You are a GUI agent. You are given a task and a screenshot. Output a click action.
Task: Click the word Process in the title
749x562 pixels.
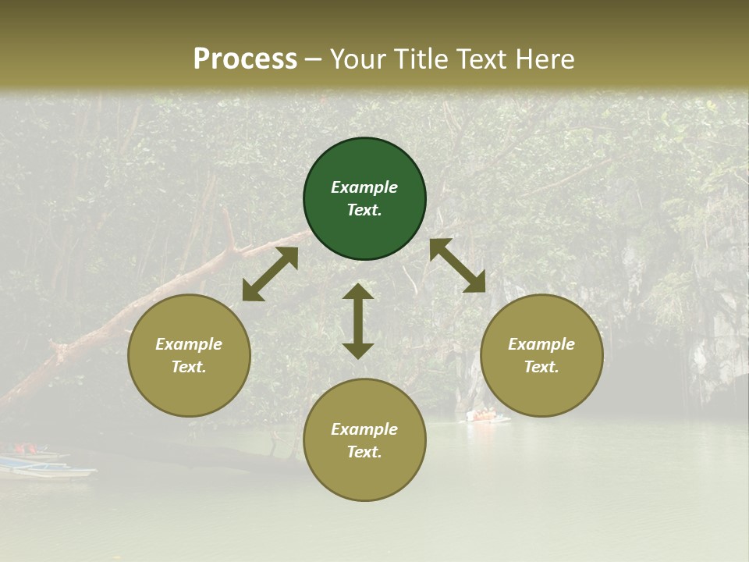(x=245, y=59)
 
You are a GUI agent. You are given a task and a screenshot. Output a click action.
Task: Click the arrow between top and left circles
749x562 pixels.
(x=270, y=274)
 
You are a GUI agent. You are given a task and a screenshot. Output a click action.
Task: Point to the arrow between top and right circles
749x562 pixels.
(x=457, y=265)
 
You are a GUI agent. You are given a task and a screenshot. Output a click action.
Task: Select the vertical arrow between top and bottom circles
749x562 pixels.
(x=358, y=321)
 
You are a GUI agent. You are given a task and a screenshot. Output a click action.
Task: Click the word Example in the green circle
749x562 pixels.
(x=364, y=187)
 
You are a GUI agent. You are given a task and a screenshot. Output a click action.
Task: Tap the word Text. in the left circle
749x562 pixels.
(x=189, y=367)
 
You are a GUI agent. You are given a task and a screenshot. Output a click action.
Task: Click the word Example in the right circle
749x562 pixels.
(x=541, y=344)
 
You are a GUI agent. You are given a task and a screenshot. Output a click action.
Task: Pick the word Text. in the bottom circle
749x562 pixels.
(x=364, y=452)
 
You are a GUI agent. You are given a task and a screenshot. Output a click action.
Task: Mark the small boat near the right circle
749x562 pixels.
(x=487, y=416)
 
